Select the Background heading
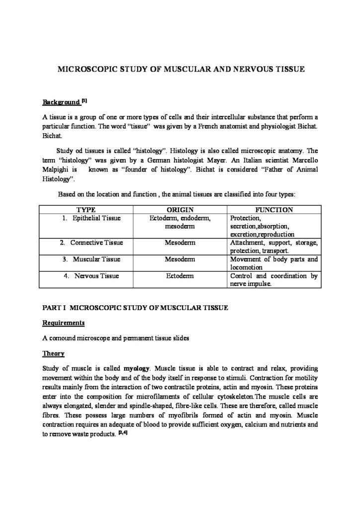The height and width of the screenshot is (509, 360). pos(61,102)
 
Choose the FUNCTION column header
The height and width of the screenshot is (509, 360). pos(273,210)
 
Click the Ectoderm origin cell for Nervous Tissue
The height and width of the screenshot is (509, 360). pos(180,275)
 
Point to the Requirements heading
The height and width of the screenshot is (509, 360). pos(63,323)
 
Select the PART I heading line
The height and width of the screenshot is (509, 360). pos(135,308)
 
